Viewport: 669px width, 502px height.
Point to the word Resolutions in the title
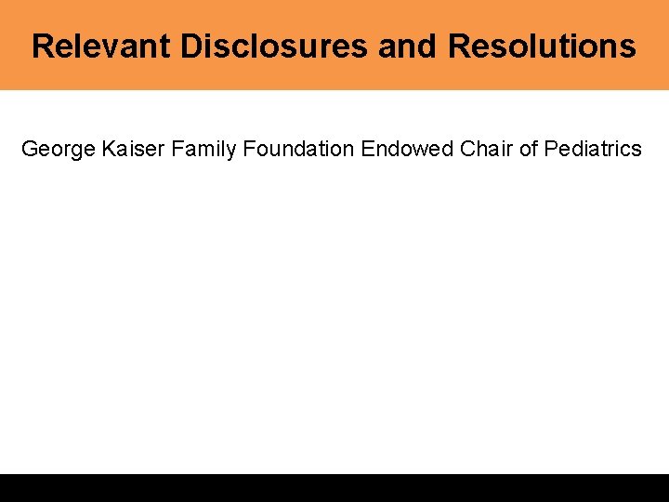click(x=542, y=46)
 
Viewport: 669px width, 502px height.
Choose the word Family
click(x=204, y=149)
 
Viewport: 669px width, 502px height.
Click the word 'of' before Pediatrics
click(x=529, y=149)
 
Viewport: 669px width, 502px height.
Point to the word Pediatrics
click(x=593, y=149)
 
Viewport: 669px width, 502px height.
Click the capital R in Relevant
click(x=42, y=46)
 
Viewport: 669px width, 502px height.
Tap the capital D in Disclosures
click(x=190, y=46)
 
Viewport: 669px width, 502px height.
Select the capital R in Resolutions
click(x=459, y=46)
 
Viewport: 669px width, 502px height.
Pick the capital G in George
click(x=30, y=149)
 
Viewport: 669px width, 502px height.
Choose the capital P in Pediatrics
click(x=551, y=149)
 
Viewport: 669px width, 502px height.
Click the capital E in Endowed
click(x=367, y=149)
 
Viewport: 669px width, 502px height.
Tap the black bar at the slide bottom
click(x=334, y=488)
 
